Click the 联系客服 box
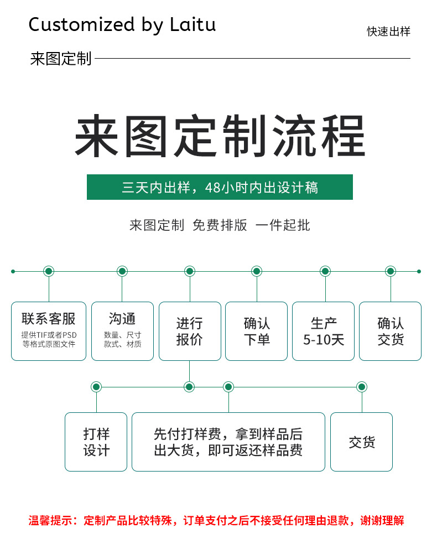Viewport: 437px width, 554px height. click(x=49, y=331)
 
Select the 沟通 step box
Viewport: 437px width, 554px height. click(x=122, y=331)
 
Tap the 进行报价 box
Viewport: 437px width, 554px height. click(x=190, y=331)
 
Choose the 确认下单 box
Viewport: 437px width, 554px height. click(x=257, y=331)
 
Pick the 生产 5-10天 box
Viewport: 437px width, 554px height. click(x=323, y=331)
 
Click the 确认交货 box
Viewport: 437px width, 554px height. click(x=391, y=331)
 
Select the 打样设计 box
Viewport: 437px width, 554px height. click(x=96, y=442)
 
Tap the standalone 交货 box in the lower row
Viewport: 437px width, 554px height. click(x=361, y=442)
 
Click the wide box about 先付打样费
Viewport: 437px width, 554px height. click(x=228, y=442)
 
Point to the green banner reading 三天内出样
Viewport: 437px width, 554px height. click(x=220, y=187)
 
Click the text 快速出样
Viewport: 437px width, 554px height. click(x=389, y=32)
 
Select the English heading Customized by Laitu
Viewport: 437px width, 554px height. click(x=122, y=25)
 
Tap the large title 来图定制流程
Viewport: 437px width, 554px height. click(x=220, y=136)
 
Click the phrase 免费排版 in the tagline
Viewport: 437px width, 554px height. click(x=220, y=225)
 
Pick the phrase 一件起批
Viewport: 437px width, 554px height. click(x=283, y=225)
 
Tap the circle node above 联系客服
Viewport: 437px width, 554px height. click(x=49, y=271)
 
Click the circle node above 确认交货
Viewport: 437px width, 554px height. click(x=391, y=271)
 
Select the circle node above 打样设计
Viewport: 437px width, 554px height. click(x=96, y=387)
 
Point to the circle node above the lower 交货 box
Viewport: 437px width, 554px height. click(x=361, y=387)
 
